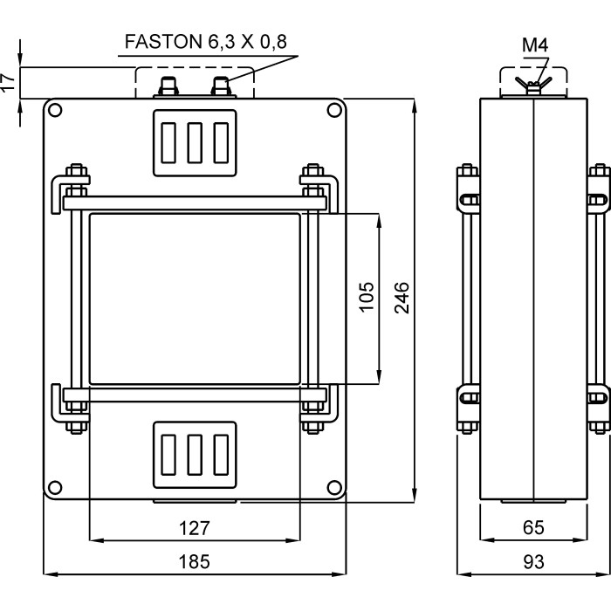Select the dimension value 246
pyautogui.click(x=403, y=297)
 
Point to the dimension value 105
pyautogui.click(x=367, y=297)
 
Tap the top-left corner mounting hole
pyautogui.click(x=55, y=110)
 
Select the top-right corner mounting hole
pyautogui.click(x=333, y=110)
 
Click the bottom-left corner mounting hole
pyautogui.click(x=55, y=488)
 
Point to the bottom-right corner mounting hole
pyautogui.click(x=333, y=488)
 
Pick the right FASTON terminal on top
pyautogui.click(x=222, y=86)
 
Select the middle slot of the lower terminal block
pyautogui.click(x=195, y=457)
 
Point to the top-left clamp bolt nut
pyautogui.click(x=76, y=172)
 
